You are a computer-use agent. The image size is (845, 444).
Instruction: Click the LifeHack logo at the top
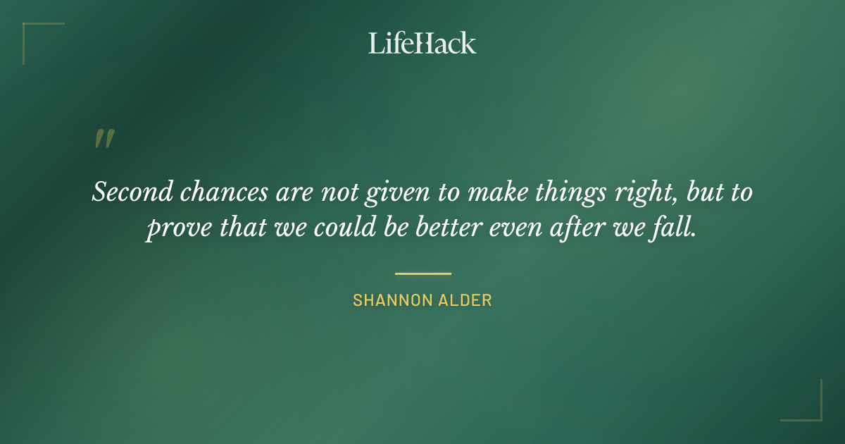click(x=423, y=43)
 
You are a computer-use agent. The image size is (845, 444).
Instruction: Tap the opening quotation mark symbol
click(x=104, y=139)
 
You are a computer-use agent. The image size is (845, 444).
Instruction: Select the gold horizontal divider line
click(x=423, y=273)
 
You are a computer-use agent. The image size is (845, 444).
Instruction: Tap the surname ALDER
click(x=464, y=300)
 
